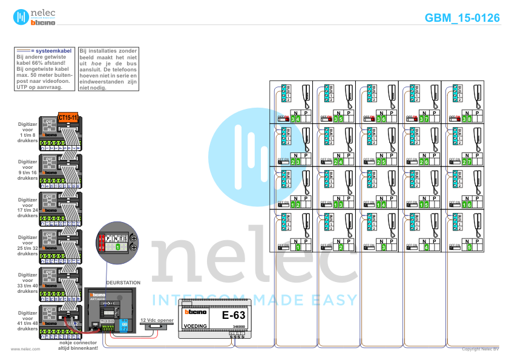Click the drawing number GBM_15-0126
[462, 18]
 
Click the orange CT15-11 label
[68, 117]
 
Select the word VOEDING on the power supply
[195, 326]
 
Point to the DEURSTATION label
[123, 283]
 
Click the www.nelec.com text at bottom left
[25, 349]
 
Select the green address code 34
[295, 119]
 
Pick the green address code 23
[295, 162]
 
